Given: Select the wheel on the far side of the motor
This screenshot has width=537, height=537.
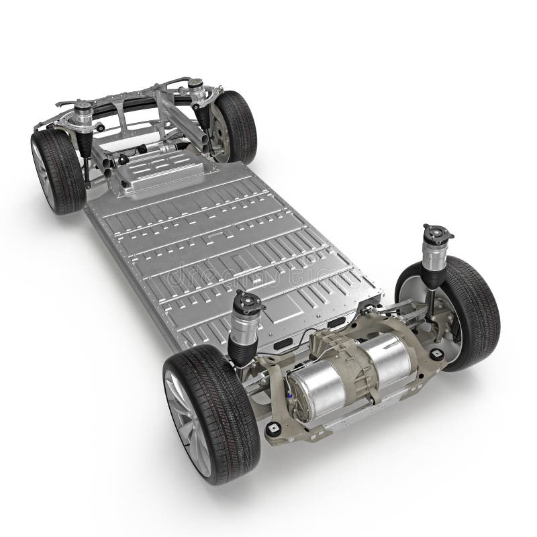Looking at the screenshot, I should click(x=463, y=309).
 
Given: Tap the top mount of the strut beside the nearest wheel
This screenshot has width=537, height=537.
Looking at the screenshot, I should click(x=246, y=302).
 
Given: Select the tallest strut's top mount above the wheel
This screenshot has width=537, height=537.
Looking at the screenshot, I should click(x=437, y=234).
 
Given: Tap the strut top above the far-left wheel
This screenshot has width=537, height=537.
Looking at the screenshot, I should click(x=84, y=107).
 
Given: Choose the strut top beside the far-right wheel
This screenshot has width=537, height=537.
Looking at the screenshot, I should click(x=196, y=86).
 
